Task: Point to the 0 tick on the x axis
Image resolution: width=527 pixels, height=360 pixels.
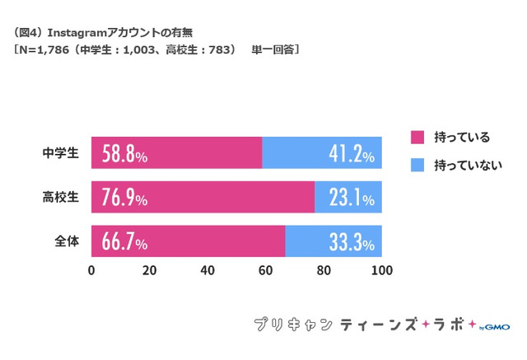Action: click(x=91, y=270)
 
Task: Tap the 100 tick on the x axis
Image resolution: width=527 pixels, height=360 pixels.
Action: click(x=381, y=270)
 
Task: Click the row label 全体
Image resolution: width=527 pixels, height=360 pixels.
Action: click(x=66, y=242)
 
